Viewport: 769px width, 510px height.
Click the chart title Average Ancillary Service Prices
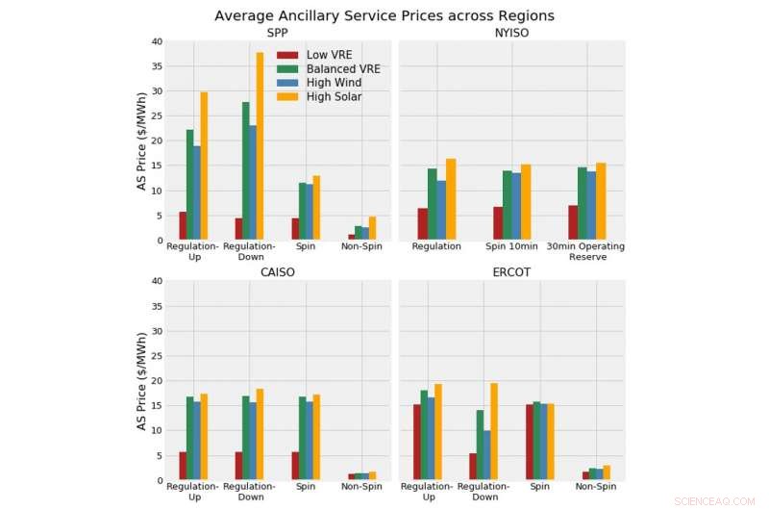(384, 15)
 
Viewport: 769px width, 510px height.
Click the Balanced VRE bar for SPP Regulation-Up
(190, 185)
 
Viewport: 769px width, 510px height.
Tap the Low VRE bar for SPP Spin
(296, 229)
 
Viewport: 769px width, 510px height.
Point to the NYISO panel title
(512, 33)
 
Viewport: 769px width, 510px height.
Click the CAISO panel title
(278, 272)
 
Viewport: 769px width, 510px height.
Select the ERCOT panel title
(512, 272)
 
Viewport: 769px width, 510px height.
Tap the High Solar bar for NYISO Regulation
(451, 199)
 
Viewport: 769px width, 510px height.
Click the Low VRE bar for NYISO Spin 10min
(498, 223)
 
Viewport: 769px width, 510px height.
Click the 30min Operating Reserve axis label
(586, 252)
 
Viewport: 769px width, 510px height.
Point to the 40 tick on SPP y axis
(157, 42)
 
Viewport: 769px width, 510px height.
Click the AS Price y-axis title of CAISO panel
(142, 381)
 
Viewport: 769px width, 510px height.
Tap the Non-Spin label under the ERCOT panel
(596, 487)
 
